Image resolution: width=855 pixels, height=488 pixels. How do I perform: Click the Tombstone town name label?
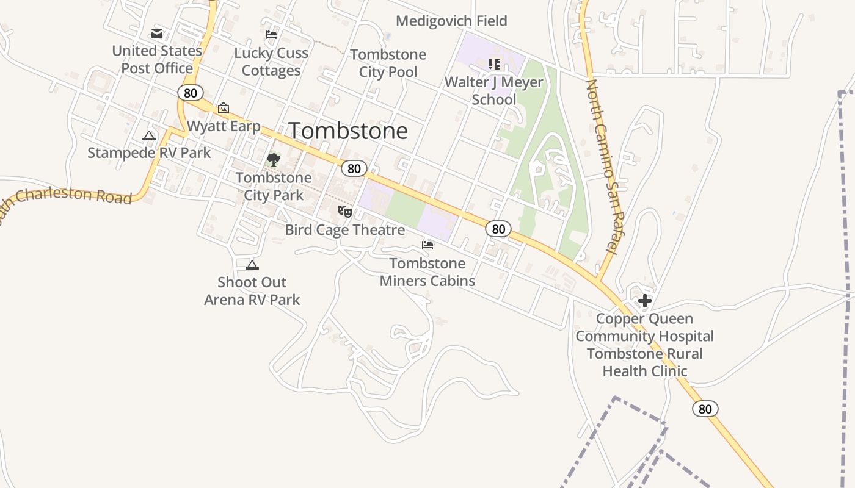(x=347, y=131)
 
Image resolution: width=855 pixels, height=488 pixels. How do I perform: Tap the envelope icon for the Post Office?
(x=157, y=33)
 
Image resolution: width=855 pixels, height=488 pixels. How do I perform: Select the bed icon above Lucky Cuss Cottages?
(x=271, y=35)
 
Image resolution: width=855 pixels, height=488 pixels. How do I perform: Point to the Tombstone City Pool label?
(x=388, y=63)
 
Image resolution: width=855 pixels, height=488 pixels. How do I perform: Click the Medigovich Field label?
(x=451, y=21)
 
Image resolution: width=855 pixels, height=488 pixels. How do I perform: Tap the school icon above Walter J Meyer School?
(x=494, y=63)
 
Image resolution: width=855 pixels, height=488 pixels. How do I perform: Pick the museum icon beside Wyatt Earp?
(x=224, y=109)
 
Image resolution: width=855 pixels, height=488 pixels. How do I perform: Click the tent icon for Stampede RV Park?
(x=149, y=135)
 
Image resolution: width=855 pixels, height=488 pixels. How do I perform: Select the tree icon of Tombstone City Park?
(x=274, y=160)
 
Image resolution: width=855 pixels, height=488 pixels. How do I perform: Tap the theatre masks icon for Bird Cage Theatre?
(x=345, y=212)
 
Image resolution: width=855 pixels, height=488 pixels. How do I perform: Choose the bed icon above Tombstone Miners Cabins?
(x=428, y=245)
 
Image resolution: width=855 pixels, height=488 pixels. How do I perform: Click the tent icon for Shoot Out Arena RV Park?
(x=252, y=265)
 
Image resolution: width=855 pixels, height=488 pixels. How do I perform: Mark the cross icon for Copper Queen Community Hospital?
(x=645, y=300)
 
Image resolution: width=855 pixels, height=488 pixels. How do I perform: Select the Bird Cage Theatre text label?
(x=345, y=230)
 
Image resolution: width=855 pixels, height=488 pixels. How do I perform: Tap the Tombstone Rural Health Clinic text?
(x=645, y=362)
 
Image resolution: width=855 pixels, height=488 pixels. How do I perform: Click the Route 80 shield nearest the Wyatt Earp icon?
(x=191, y=93)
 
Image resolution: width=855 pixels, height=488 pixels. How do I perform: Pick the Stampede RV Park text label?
(x=149, y=152)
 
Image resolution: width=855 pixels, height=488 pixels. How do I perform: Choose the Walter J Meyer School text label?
(x=494, y=90)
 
